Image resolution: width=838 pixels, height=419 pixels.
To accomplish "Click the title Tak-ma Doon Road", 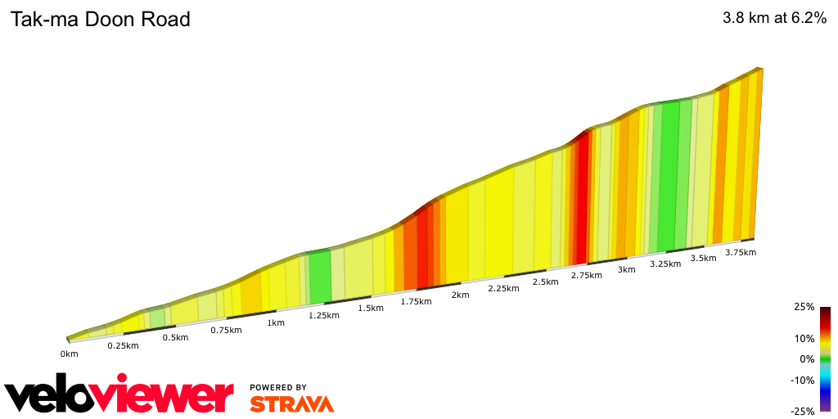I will click(100, 20).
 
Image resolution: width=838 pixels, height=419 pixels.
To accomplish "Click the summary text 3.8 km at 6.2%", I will click(774, 19).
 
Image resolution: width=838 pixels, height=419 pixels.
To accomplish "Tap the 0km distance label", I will click(69, 354).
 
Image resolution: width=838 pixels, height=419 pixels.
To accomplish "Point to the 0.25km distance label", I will click(123, 345).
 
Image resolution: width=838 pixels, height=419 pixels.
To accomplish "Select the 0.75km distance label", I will click(225, 330).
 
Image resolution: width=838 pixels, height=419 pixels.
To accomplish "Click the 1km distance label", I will click(276, 322).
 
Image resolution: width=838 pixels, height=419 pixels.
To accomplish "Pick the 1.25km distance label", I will click(323, 315).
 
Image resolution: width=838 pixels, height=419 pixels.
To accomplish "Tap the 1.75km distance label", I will click(416, 301).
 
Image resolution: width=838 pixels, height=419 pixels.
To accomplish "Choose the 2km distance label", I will click(460, 295).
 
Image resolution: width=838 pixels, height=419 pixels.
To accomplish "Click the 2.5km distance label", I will click(545, 282).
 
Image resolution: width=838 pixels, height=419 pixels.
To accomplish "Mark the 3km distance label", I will click(626, 269).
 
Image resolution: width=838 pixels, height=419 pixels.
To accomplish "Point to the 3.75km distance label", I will click(740, 252).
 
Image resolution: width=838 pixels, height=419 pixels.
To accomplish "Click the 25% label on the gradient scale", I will click(804, 307).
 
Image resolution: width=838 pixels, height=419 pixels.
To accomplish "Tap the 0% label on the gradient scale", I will click(807, 359).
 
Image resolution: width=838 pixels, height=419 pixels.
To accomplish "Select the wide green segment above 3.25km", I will click(669, 176).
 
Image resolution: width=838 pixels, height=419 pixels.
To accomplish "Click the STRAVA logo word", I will click(291, 403).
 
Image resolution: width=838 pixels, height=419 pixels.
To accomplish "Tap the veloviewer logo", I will click(119, 396).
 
